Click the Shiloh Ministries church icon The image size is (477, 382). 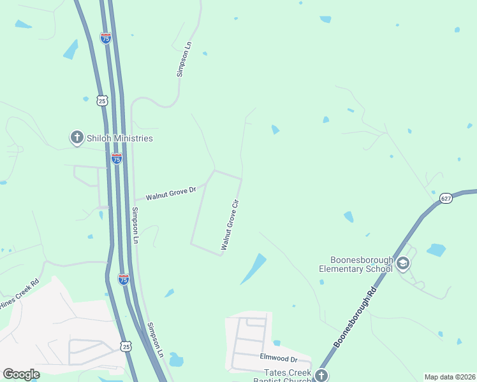(x=77, y=138)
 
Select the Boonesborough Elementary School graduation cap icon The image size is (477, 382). (x=402, y=263)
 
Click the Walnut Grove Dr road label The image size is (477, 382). (x=170, y=194)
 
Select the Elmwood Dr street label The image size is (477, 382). (x=279, y=358)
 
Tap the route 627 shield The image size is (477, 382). (x=446, y=199)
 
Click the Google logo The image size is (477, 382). (x=21, y=374)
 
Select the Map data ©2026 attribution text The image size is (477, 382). (x=450, y=377)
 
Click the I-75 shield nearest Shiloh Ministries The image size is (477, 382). (x=116, y=159)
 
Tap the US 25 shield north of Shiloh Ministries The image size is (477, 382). (x=103, y=101)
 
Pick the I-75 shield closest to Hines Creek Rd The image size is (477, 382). (x=124, y=279)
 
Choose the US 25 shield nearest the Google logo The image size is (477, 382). (x=126, y=346)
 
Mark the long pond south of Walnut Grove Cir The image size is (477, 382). (x=253, y=269)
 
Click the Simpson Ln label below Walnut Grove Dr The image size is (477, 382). (x=135, y=226)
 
